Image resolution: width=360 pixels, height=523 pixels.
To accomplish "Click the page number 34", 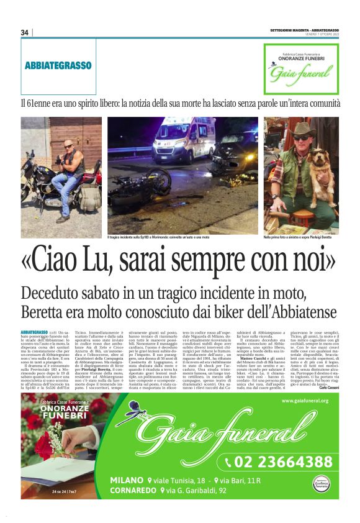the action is (25, 32).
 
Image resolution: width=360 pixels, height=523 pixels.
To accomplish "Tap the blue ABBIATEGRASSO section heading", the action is (58, 65).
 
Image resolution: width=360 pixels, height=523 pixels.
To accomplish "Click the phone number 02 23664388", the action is (282, 462).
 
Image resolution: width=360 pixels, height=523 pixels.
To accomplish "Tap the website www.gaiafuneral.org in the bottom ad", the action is (304, 401).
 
